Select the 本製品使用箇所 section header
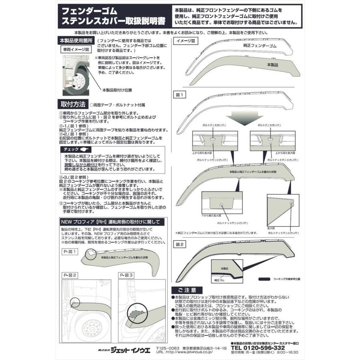[x=76, y=41]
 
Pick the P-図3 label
[x=127, y=275]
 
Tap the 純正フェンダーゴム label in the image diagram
[x=260, y=47]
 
